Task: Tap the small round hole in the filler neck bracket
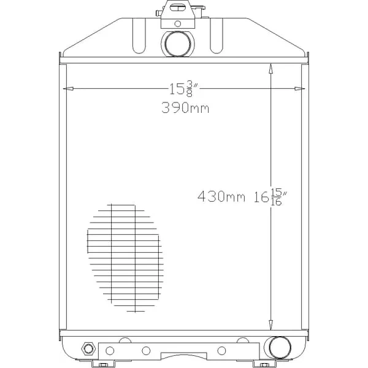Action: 178,24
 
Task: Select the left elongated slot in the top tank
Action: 139,36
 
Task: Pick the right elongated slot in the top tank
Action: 216,36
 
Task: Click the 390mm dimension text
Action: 185,108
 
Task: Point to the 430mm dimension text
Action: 221,196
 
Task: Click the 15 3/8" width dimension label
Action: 184,89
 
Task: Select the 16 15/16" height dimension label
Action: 271,197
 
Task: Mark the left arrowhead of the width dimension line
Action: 68,89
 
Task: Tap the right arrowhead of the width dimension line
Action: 300,89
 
